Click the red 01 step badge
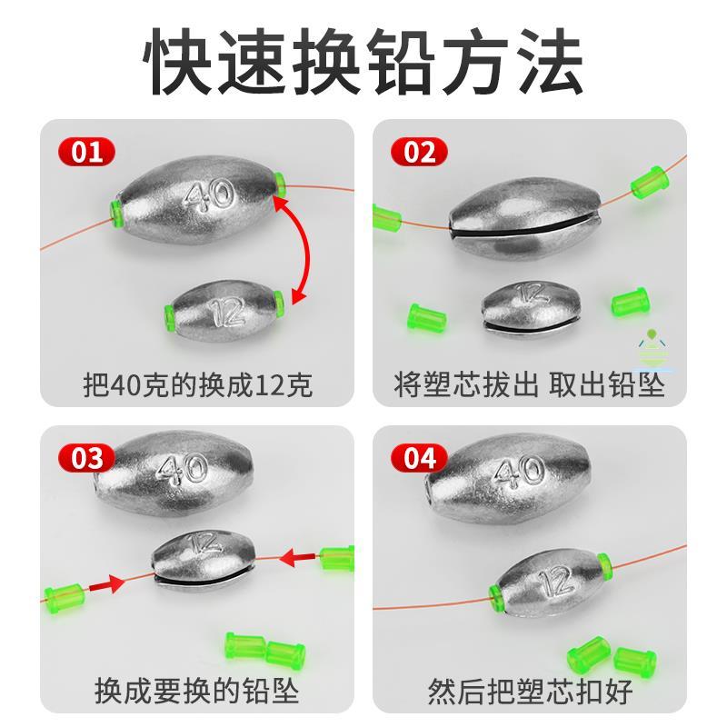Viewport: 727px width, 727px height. point(86,152)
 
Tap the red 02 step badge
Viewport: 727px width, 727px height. point(419,152)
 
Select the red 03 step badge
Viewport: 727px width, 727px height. point(86,458)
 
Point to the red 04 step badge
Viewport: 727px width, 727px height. point(419,458)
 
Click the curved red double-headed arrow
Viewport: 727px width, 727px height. point(307,248)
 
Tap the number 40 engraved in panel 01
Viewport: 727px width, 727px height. point(209,195)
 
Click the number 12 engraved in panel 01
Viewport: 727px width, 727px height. point(227,311)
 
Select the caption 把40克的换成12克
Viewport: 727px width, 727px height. point(198,384)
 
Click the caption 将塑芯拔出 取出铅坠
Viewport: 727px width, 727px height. point(529,384)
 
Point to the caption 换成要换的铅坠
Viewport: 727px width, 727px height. point(197,691)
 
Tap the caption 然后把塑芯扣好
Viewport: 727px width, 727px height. point(530,691)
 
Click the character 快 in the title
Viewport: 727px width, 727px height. point(178,61)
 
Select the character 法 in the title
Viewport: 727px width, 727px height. point(549,61)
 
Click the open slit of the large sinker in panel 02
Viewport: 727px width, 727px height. point(524,223)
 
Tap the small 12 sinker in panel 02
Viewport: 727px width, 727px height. point(531,309)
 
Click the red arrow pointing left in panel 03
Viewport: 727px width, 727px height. point(298,557)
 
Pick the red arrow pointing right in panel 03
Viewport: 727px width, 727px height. point(106,584)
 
